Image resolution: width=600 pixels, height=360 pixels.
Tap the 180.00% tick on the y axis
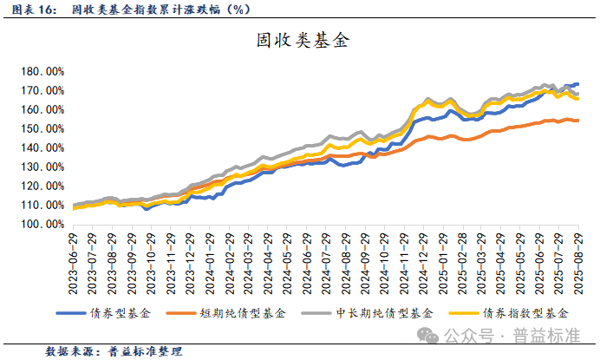click(x=43, y=72)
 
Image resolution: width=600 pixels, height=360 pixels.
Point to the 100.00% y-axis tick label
click(x=43, y=224)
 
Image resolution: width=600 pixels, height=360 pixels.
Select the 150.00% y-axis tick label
click(x=43, y=129)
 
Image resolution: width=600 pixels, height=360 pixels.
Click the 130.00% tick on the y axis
click(x=43, y=167)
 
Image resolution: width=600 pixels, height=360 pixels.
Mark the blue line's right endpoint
click(x=577, y=84)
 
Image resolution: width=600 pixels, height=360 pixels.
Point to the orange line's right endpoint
click(x=577, y=121)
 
